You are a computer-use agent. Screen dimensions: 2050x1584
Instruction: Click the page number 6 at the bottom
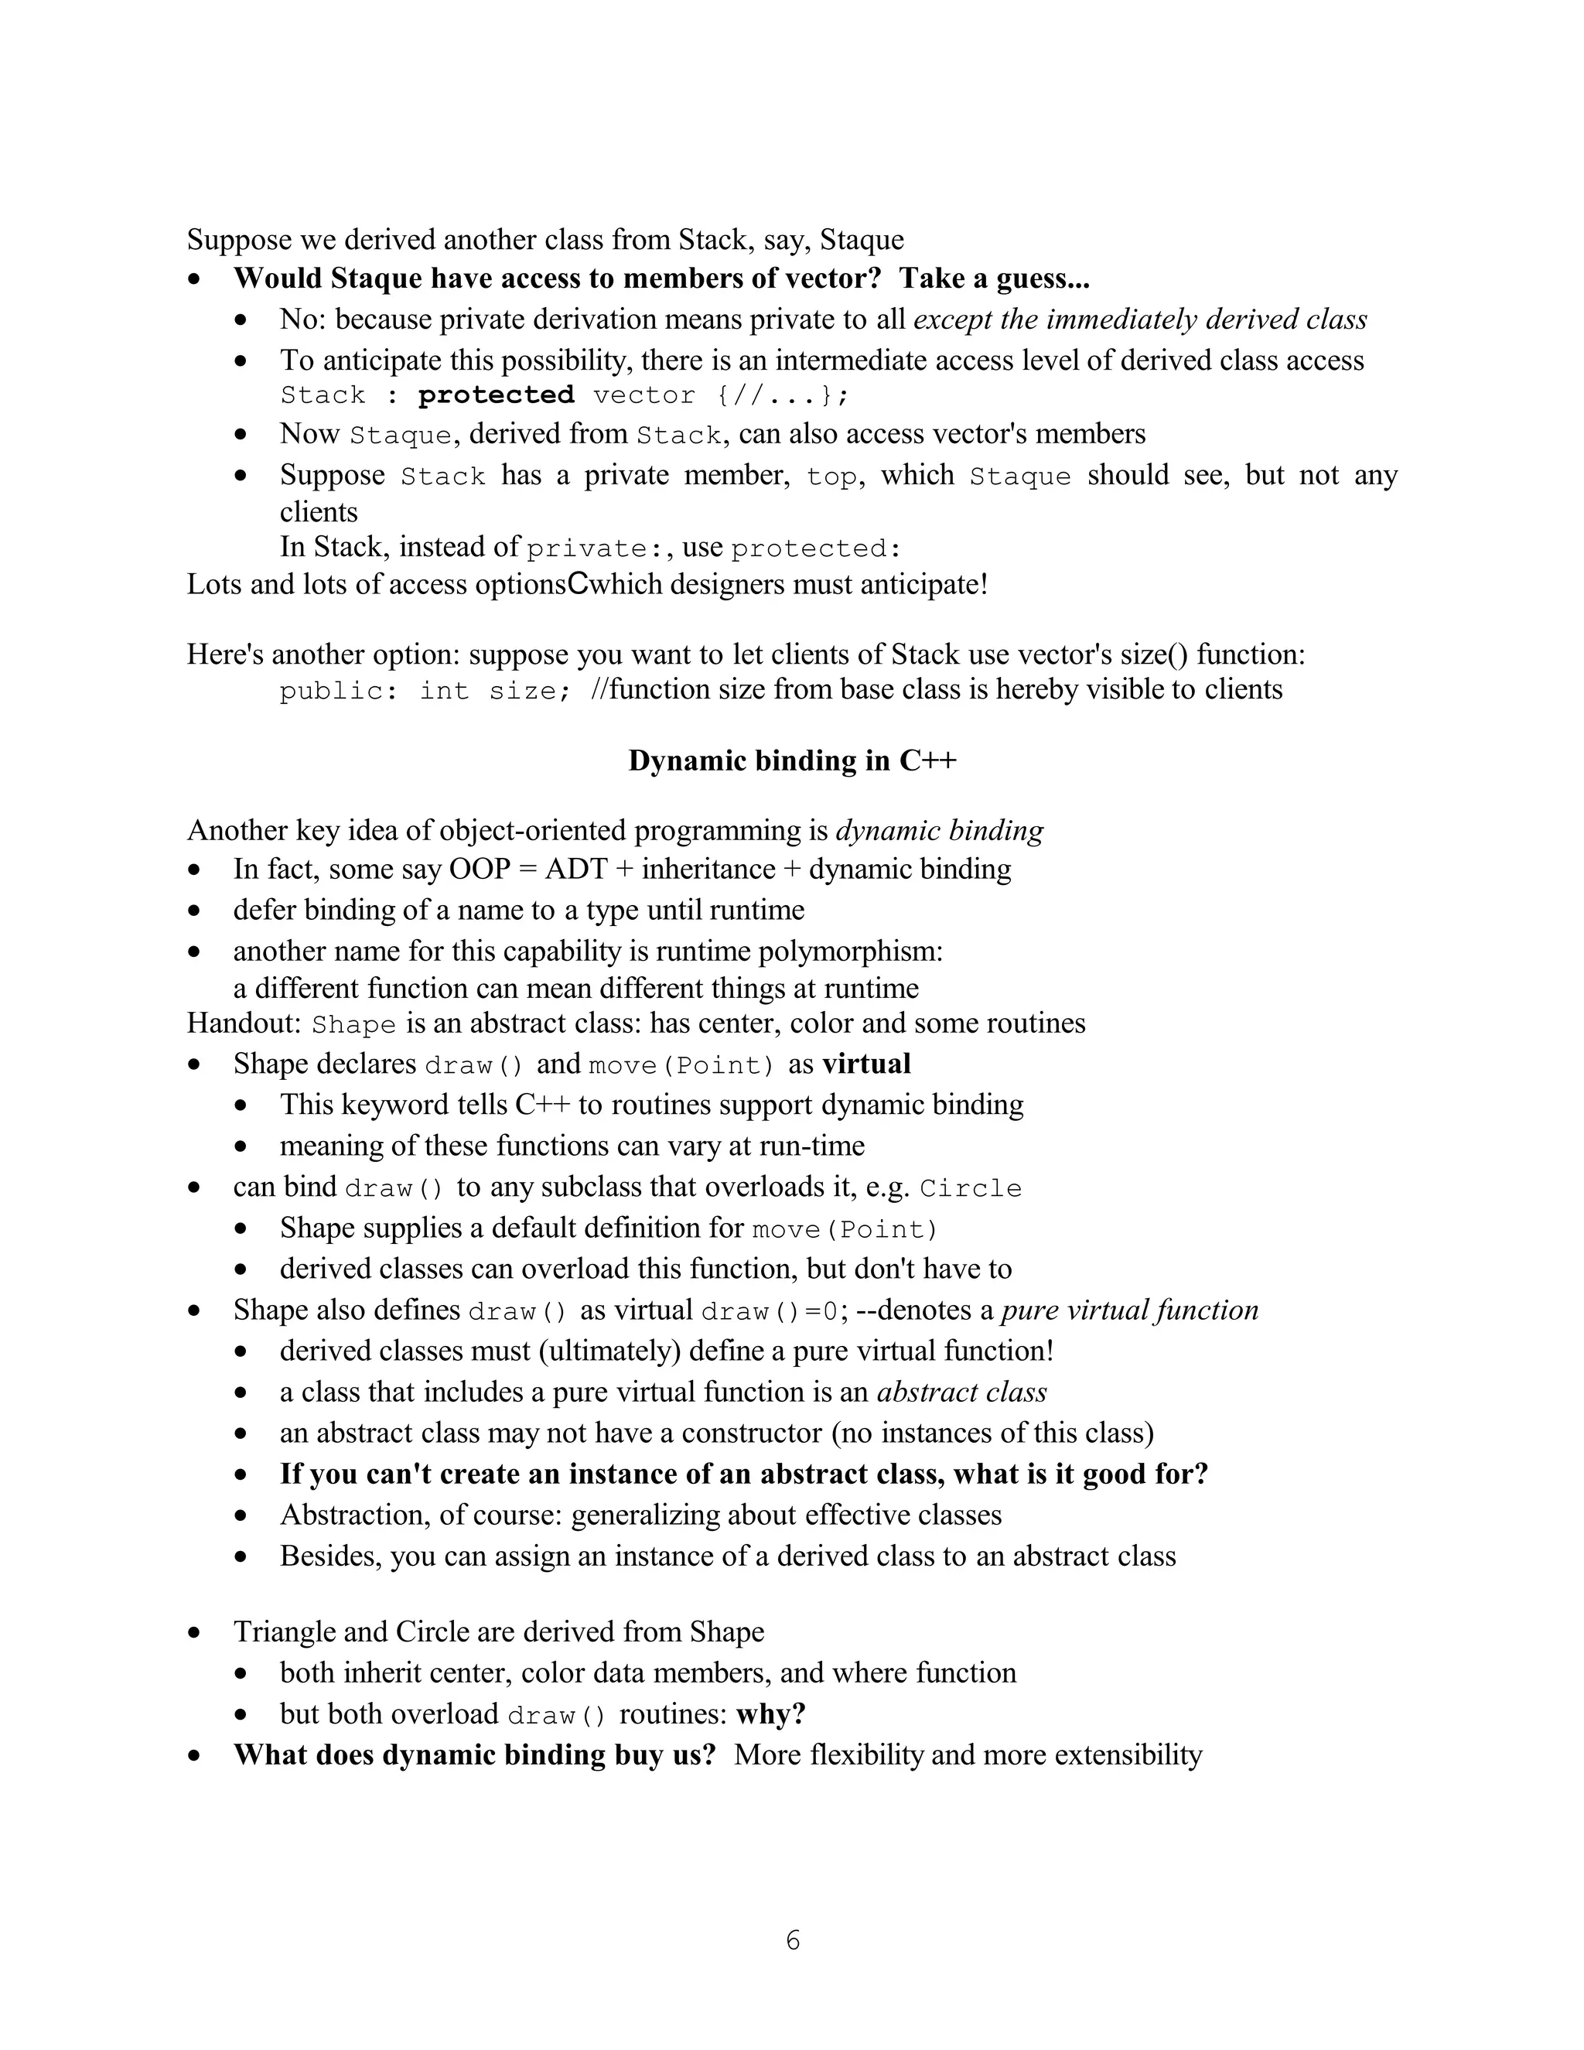point(793,1940)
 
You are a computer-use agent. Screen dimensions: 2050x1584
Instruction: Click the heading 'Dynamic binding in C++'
point(792,760)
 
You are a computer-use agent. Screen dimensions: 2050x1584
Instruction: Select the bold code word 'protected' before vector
point(496,395)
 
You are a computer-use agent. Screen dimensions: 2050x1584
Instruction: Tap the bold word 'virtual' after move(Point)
point(866,1064)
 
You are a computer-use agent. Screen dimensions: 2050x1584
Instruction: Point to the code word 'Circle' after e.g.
point(971,1188)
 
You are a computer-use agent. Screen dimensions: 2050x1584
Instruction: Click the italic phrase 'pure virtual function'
point(1130,1310)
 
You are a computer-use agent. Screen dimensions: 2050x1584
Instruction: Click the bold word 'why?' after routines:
point(770,1714)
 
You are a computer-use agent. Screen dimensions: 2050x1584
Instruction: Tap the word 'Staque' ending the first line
point(862,241)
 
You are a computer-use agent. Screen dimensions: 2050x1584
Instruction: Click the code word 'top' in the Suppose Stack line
point(831,477)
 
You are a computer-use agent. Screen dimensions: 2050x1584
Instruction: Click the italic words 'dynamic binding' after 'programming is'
point(939,831)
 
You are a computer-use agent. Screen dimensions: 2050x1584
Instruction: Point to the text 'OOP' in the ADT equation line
point(479,870)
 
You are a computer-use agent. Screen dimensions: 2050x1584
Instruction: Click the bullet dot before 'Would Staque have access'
point(194,280)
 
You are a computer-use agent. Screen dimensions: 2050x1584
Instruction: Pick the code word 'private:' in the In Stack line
point(586,549)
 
